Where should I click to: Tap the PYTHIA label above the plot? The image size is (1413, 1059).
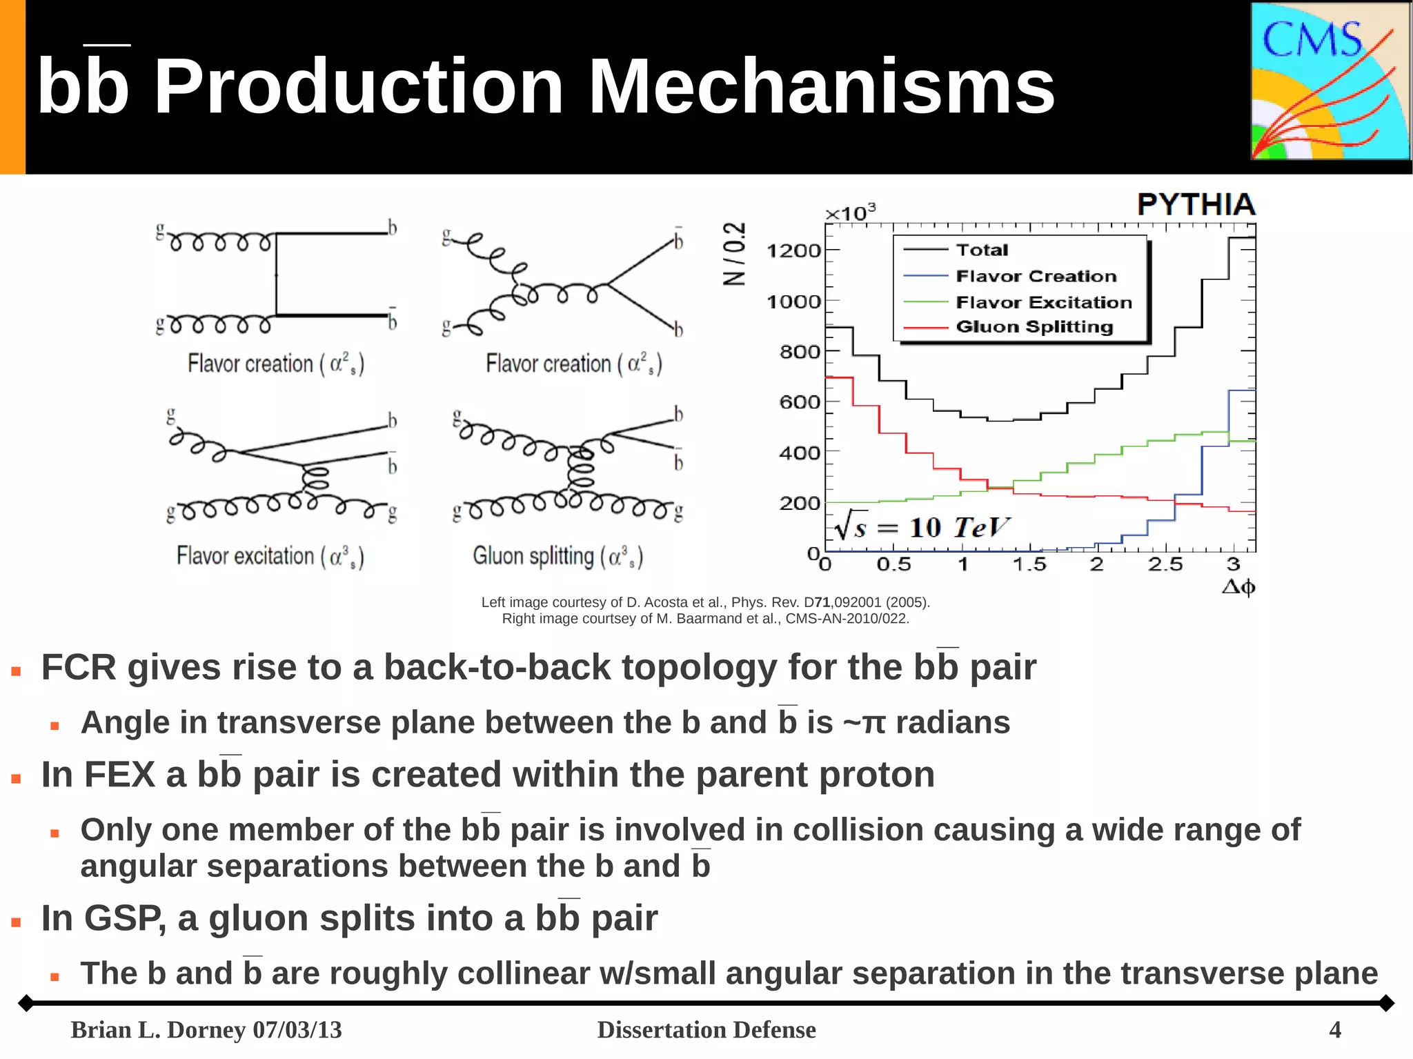pos(1196,205)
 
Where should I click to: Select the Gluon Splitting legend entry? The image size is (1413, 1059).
pos(1034,327)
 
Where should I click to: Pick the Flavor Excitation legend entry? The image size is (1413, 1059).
pos(1043,302)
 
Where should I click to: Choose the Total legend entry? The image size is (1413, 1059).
pos(981,250)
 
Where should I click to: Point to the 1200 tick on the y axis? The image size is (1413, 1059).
pos(793,250)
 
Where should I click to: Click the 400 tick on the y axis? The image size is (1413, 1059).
pos(799,453)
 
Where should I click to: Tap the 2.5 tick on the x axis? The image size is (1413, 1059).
pos(1165,565)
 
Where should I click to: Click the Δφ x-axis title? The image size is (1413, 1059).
pos(1238,587)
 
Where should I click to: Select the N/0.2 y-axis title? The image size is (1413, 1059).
pos(734,254)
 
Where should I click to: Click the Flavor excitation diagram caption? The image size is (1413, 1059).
pos(270,556)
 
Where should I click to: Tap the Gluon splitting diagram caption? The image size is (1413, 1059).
pos(557,556)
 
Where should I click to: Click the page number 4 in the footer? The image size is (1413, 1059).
pos(1334,1029)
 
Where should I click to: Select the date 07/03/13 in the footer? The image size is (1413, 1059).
pos(297,1029)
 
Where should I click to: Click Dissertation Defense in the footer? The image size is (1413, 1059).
pos(706,1029)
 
